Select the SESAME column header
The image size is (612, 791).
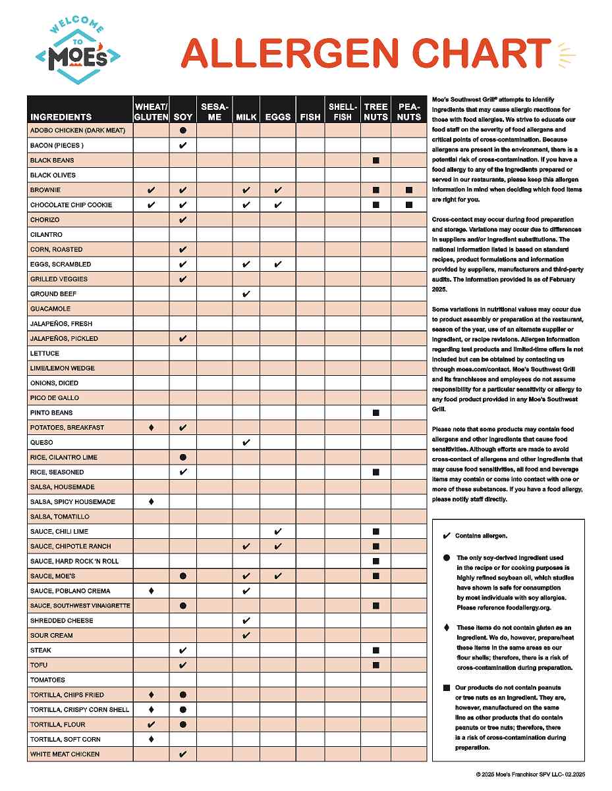coord(215,111)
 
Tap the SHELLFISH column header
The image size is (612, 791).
coord(343,111)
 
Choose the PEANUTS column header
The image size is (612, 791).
coord(409,111)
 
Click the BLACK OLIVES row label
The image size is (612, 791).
coord(53,175)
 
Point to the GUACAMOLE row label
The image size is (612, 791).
coord(50,309)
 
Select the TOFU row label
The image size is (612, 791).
coord(39,665)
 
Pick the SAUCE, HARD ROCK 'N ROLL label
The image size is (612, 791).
coord(74,561)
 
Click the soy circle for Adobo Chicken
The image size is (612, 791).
coord(183,130)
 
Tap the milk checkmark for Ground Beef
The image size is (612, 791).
coord(246,294)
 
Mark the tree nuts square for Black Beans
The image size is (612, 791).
coord(376,161)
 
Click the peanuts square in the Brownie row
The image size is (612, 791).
coord(409,190)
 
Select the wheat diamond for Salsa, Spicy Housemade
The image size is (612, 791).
coord(152,501)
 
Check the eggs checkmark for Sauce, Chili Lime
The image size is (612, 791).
coord(278,532)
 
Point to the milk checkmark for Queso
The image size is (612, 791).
coord(246,442)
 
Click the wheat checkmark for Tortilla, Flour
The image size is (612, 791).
coord(152,725)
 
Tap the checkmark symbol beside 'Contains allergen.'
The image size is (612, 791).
coord(447,536)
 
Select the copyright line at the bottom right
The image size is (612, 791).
coord(530,775)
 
